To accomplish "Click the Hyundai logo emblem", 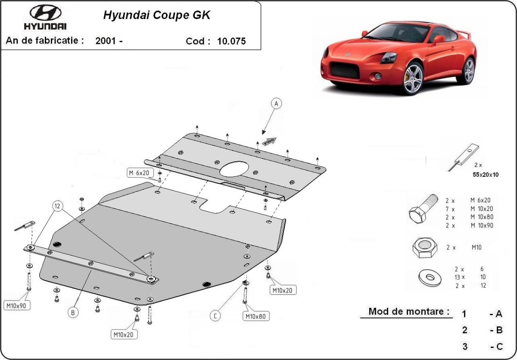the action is click(46, 13).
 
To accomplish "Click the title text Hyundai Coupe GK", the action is click(157, 15).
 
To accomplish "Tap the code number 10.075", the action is click(231, 41).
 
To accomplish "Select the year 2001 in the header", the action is click(106, 41).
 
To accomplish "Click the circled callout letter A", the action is click(276, 103).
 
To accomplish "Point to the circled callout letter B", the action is click(73, 313).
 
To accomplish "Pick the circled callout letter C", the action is click(215, 316).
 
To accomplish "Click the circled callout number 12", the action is click(57, 206).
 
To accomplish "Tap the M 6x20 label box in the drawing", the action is click(139, 173).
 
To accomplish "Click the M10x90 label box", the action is click(17, 306).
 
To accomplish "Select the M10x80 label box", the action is click(256, 316).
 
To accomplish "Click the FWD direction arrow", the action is click(269, 141).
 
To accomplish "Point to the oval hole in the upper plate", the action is click(234, 169).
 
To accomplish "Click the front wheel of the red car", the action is click(413, 78).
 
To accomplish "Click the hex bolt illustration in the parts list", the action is click(423, 209).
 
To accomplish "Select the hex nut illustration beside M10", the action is click(425, 248).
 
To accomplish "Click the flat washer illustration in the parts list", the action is click(430, 278).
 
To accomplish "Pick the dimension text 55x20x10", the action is click(486, 175).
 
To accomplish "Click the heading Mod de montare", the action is click(409, 311).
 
